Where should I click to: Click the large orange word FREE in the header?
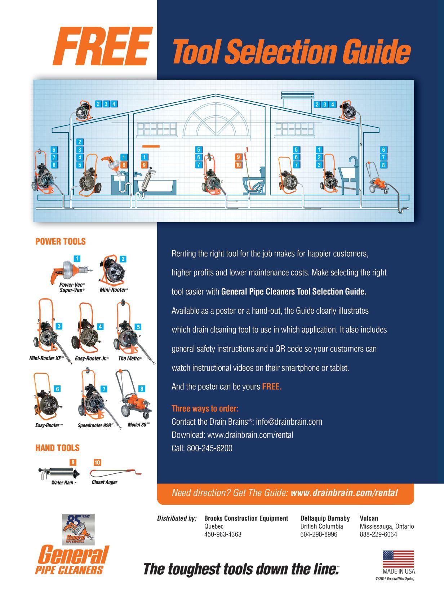(x=101, y=47)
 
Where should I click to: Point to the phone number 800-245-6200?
(x=209, y=448)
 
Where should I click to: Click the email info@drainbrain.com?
(x=289, y=422)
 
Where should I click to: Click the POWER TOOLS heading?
(x=61, y=242)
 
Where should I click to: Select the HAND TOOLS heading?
(x=57, y=448)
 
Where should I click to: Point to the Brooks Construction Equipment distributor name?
(x=246, y=518)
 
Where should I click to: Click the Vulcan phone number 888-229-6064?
(x=378, y=534)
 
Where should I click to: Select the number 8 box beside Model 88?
(x=142, y=389)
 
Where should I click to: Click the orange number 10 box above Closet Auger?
(x=97, y=463)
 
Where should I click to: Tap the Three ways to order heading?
(x=205, y=408)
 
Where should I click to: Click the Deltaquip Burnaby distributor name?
(x=325, y=518)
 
